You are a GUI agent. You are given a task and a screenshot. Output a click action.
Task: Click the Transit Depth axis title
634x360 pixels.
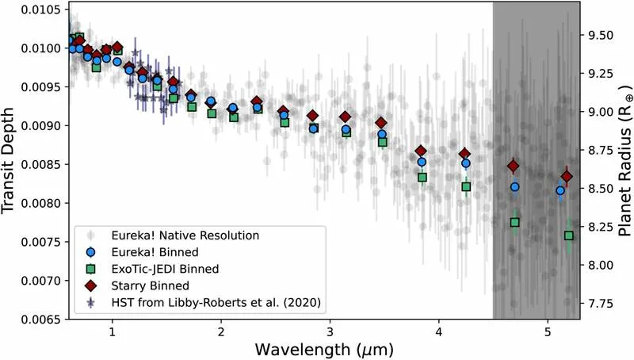pos(11,160)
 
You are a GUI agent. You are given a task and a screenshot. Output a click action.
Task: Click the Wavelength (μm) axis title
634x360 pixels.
pos(325,348)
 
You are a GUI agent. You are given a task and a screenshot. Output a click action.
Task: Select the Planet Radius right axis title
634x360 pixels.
pos(624,160)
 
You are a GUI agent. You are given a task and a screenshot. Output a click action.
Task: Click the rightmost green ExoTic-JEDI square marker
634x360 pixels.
pos(569,236)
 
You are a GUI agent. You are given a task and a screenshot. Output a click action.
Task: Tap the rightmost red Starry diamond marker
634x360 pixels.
pos(567,176)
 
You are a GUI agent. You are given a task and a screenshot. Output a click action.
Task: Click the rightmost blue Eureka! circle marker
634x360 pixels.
pos(560,190)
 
